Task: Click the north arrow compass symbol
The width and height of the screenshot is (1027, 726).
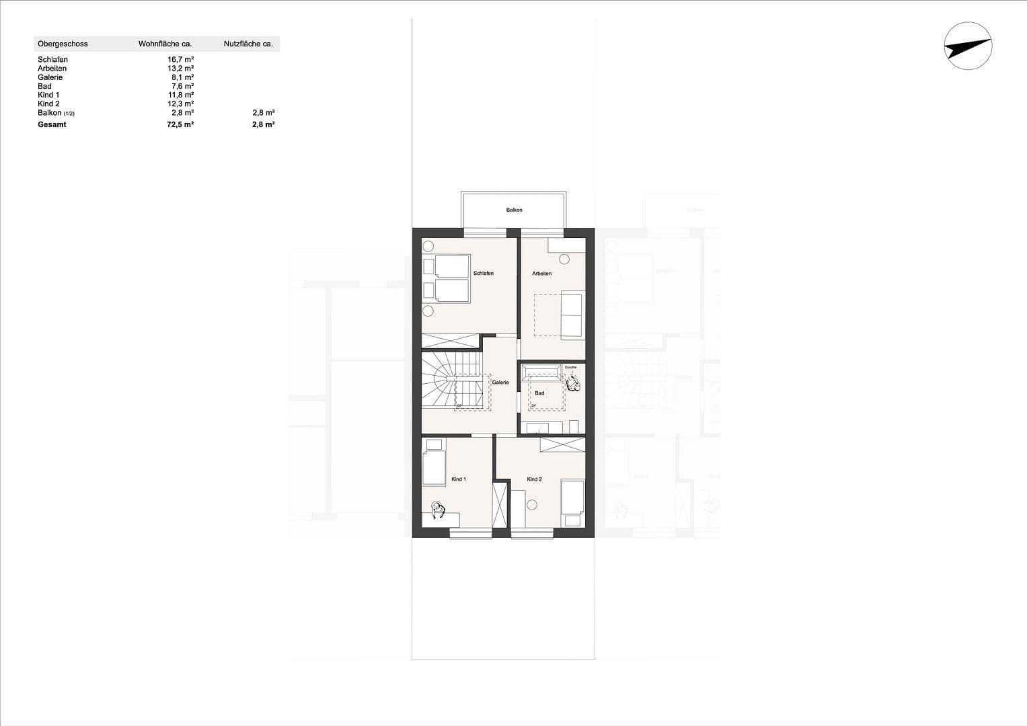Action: coord(968,46)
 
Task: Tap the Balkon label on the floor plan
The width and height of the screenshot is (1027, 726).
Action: coord(514,210)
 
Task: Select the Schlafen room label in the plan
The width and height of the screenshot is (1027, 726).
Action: coord(483,274)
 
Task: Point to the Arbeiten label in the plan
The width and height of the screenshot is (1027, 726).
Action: coord(541,274)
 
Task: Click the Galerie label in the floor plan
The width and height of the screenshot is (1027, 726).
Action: coord(500,382)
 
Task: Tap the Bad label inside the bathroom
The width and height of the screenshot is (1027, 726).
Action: coord(539,393)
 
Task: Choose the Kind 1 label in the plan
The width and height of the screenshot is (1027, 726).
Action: coord(459,479)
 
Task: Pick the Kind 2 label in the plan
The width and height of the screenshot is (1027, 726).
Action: coord(534,479)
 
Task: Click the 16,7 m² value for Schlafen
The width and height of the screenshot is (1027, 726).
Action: coord(181,60)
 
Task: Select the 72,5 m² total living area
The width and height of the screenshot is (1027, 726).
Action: coord(180,125)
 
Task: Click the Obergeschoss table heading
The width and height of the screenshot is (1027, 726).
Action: coord(63,44)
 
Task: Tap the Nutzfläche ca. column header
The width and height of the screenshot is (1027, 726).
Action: coord(248,44)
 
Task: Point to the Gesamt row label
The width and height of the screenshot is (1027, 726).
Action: coord(52,125)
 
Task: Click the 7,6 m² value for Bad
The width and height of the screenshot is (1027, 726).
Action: coord(182,86)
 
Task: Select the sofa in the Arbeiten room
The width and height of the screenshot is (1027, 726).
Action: coord(572,314)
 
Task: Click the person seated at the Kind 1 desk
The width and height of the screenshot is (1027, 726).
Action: coord(439,510)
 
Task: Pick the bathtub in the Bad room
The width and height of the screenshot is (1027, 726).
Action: coord(541,370)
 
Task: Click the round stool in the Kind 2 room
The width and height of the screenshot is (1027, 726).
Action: coord(533,504)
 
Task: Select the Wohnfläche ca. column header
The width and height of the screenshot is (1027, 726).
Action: coord(165,44)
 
